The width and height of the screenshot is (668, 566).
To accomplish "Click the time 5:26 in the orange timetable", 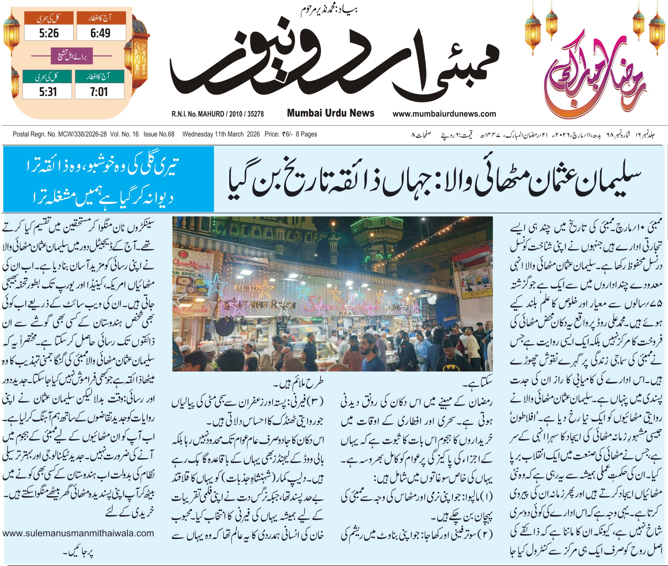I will pos(49,33).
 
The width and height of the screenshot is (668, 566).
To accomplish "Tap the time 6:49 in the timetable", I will pos(100,33).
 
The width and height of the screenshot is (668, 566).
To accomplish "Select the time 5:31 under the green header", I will pos(48,92).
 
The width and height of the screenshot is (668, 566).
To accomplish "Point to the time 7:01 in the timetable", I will pos(99,92).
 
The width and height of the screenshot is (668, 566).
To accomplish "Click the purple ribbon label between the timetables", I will pos(72,56).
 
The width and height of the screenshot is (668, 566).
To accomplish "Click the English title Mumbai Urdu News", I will pos(331,113).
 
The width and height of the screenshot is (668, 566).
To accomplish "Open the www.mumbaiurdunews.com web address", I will pos(444,114).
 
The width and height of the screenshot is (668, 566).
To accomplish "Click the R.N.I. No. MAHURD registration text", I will pos(217,114).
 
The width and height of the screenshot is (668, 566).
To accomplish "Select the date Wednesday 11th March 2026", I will pos(221,134).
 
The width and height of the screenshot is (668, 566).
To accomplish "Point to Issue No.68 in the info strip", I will pos(159,134).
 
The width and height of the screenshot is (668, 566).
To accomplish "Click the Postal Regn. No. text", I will pos(60,134).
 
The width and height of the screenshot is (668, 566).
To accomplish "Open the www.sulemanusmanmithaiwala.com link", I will pos(78,533).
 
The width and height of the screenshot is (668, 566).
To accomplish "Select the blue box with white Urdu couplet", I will pos(109,179).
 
